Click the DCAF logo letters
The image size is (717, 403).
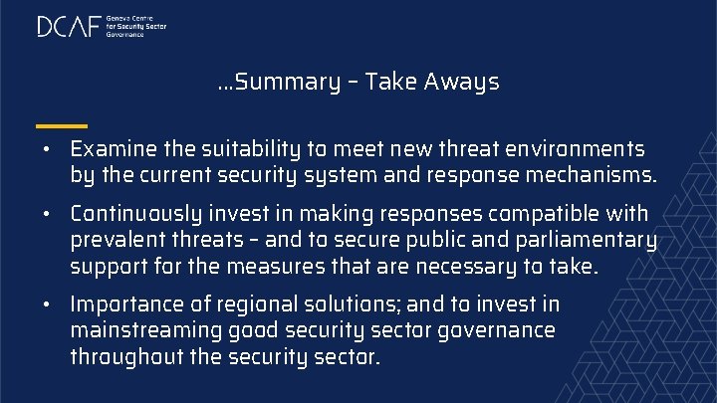[x=69, y=27]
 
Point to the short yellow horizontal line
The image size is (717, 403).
[x=61, y=126]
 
